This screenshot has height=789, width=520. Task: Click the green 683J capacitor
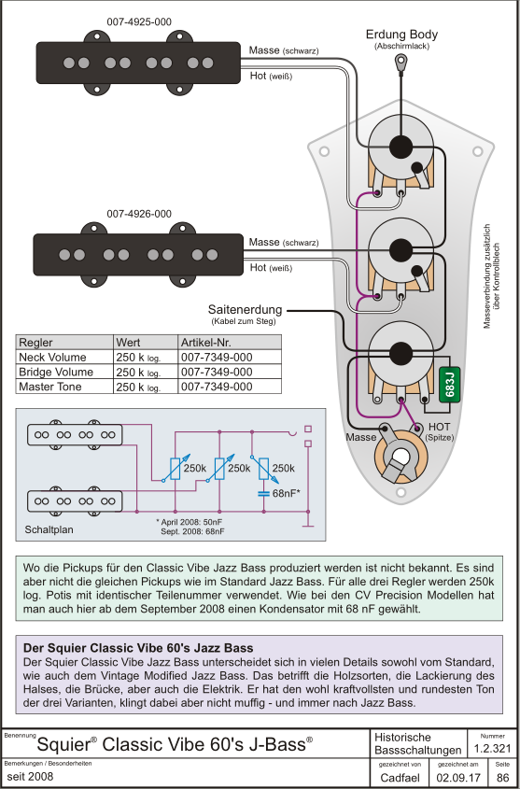click(450, 385)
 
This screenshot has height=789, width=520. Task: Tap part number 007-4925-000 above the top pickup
click(139, 22)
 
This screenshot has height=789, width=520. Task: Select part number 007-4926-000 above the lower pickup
click(139, 214)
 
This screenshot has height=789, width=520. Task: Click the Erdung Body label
click(401, 35)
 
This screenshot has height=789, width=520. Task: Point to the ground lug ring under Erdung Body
click(401, 62)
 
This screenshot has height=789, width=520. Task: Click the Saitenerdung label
click(245, 309)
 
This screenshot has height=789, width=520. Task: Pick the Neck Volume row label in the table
click(52, 358)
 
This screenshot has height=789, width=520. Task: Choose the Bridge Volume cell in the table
click(56, 372)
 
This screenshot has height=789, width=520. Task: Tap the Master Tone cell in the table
click(49, 387)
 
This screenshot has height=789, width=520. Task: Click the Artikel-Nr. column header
click(205, 343)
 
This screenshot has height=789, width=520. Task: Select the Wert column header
click(128, 343)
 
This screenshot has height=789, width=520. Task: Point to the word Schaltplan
click(49, 529)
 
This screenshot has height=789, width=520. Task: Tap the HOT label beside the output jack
click(440, 426)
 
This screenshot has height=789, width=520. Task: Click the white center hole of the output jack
click(401, 457)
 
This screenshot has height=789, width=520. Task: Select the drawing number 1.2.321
click(492, 749)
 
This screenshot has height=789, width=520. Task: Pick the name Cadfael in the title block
click(401, 778)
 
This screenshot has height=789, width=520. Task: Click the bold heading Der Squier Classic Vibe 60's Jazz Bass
click(138, 647)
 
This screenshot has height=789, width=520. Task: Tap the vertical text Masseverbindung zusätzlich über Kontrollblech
click(491, 284)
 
